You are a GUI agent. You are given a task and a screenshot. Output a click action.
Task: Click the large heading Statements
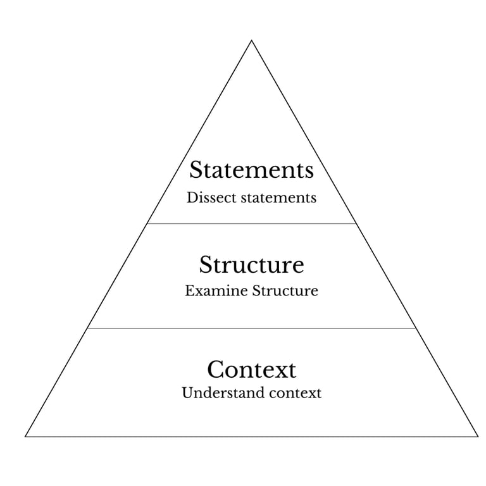point(251,170)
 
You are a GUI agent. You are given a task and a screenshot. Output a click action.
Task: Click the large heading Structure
point(251,265)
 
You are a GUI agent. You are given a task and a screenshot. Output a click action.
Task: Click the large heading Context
point(251,369)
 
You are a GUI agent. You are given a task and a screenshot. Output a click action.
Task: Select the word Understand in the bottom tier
point(213,393)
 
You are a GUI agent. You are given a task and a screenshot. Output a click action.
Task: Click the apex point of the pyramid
point(252,41)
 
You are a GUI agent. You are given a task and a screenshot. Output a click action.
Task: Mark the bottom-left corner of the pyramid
point(26,436)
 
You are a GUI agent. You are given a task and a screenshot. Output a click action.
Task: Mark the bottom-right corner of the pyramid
point(478,436)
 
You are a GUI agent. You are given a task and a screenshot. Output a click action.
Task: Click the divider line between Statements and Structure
point(251,223)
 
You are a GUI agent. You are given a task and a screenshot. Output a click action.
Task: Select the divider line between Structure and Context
point(251,328)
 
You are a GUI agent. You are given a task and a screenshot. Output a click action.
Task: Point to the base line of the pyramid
point(251,436)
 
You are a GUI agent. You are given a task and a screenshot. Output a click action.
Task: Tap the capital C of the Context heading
point(215,369)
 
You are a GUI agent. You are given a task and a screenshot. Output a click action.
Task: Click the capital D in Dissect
point(191,197)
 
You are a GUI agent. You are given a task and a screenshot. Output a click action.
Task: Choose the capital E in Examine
point(189,291)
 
